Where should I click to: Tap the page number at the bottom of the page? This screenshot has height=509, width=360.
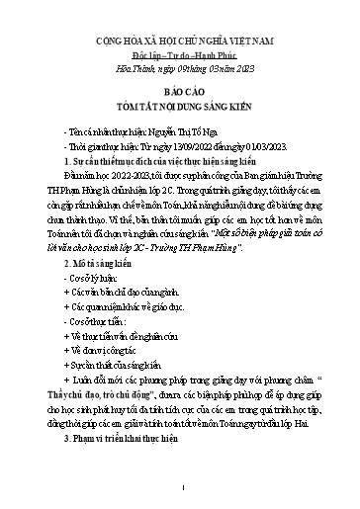coord(179,486)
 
